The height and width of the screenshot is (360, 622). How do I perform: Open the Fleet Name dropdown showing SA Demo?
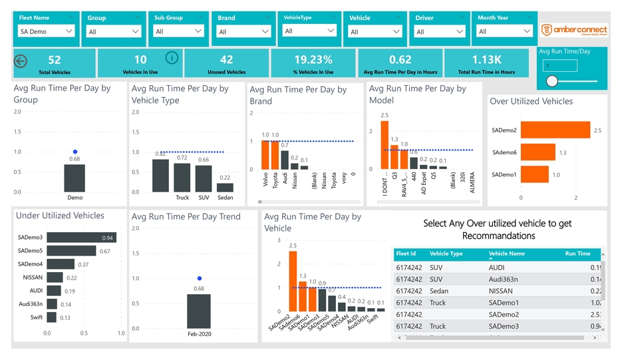pyautogui.click(x=47, y=31)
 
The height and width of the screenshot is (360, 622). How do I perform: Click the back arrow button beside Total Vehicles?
pyautogui.click(x=21, y=62)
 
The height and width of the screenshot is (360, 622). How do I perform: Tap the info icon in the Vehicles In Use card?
pyautogui.click(x=172, y=58)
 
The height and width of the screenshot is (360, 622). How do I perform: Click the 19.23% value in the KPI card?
pyautogui.click(x=313, y=60)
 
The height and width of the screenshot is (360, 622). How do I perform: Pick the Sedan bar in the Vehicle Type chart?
pyautogui.click(x=225, y=187)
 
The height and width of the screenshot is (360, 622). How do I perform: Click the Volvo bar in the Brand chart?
pyautogui.click(x=265, y=155)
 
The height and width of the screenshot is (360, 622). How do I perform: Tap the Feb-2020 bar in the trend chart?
pyautogui.click(x=199, y=311)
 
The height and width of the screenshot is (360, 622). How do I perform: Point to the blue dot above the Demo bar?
pyautogui.click(x=75, y=152)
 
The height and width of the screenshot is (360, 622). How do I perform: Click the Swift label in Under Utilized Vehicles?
pyautogui.click(x=37, y=317)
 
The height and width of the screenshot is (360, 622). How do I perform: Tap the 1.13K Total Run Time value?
pyautogui.click(x=486, y=60)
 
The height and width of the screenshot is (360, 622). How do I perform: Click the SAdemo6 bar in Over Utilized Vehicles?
pyautogui.click(x=538, y=152)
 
